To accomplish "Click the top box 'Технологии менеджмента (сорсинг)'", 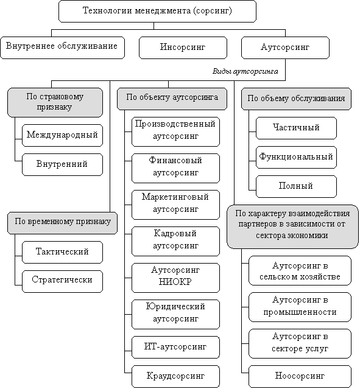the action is tap(157, 11).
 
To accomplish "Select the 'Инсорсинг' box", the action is tap(183, 47).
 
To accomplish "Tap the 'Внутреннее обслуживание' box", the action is tap(62, 47).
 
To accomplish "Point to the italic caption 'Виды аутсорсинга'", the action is tap(245, 71).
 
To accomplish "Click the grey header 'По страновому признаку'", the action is tap(55, 102).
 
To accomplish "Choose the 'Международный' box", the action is tap(62, 135).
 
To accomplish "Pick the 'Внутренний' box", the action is tap(62, 164).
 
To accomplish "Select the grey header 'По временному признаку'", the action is tap(62, 223).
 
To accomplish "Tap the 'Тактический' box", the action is tap(62, 252).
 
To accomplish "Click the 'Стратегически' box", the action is tap(62, 281).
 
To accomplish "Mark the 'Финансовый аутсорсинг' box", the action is tap(175, 168).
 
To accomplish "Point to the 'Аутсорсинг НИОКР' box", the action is tap(175, 278).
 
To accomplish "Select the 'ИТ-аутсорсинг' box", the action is tap(175, 347).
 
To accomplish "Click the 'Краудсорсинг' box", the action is tap(175, 376).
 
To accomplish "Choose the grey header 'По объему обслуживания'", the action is tap(296, 99).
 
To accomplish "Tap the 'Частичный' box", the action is tap(296, 128).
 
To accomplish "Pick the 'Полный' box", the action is tap(296, 186).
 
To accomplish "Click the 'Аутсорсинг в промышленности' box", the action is tap(300, 307).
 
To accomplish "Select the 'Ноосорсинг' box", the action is tap(300, 376).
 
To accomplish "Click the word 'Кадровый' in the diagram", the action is tap(175, 233).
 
